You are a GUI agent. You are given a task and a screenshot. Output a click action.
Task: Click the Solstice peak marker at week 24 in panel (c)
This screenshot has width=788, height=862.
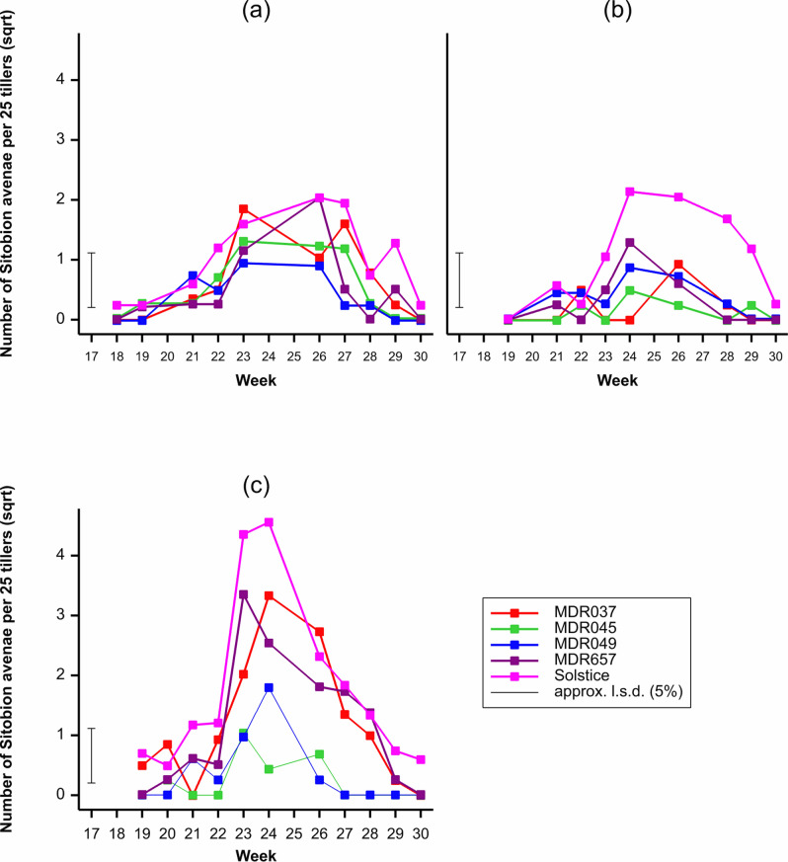269,522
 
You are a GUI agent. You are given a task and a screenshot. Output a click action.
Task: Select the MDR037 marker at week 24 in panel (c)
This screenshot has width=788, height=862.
269,595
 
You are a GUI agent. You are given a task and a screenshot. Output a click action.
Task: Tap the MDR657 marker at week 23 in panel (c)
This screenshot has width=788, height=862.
243,594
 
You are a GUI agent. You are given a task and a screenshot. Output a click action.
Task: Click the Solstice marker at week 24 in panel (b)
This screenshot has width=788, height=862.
629,192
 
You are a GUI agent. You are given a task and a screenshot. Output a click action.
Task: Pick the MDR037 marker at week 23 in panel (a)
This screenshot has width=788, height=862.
243,208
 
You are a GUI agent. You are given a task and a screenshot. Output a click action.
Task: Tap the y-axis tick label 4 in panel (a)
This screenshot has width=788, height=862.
60,80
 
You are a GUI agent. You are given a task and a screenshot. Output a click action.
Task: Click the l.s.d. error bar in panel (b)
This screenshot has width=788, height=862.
459,279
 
